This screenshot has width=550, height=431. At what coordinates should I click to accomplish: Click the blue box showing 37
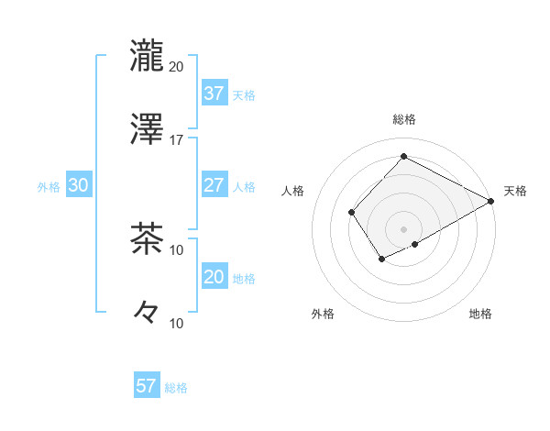214,93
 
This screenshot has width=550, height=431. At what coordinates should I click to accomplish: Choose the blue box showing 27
214,184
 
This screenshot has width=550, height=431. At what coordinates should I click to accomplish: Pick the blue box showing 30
78,184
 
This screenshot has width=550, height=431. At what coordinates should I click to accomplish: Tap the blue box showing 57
147,386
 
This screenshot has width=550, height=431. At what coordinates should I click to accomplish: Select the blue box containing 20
214,276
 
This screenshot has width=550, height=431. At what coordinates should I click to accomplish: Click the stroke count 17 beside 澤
176,140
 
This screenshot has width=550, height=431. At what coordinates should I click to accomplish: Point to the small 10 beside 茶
176,249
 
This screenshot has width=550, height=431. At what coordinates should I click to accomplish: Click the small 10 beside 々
176,323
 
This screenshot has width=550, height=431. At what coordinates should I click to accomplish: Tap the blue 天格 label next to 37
244,94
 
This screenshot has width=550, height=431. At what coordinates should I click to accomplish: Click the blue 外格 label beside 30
49,186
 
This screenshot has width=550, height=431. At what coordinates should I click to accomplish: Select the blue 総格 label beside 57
176,388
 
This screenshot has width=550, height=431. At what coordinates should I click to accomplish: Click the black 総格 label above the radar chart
404,119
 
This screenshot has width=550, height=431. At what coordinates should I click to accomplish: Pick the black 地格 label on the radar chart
480,315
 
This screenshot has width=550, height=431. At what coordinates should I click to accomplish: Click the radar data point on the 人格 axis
351,213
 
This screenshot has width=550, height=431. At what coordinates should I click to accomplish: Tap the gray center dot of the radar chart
404,228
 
